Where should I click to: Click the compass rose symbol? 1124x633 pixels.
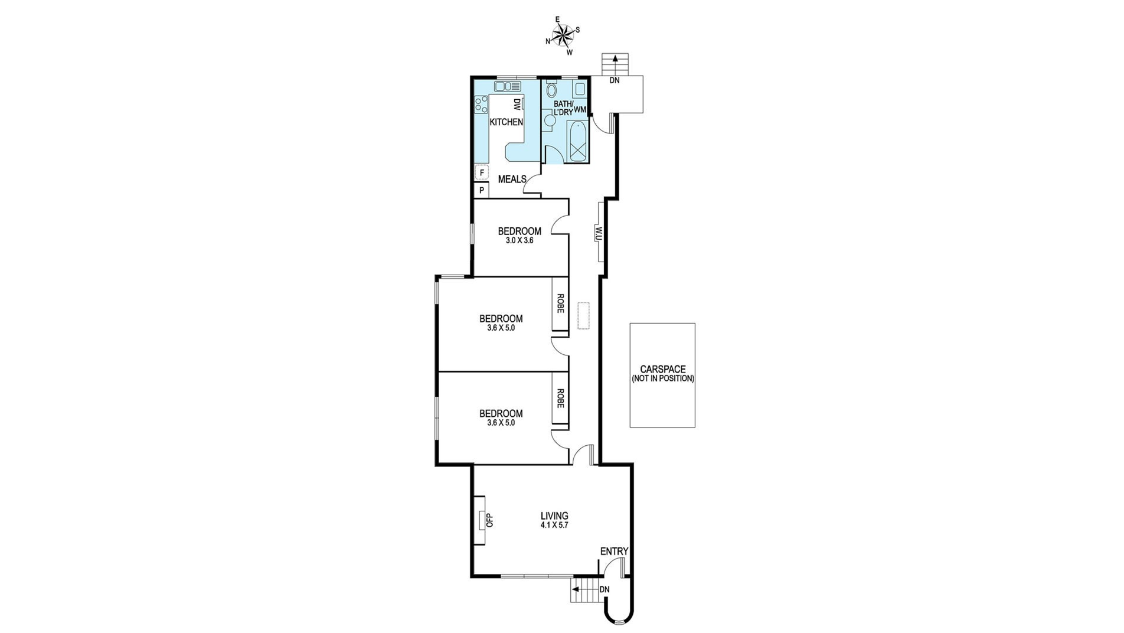point(563,35)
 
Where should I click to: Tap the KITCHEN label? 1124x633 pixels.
point(507,122)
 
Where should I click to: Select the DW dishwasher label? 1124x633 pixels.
point(517,104)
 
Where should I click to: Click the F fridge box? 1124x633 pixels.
point(482,172)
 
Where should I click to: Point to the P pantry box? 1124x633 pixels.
point(482,190)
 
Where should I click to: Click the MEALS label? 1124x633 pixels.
point(512,179)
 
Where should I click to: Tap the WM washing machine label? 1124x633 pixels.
point(580,109)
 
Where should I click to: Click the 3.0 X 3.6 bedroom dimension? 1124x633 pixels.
point(519,241)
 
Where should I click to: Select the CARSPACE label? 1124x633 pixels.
point(662,369)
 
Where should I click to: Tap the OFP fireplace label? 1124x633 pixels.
point(488,520)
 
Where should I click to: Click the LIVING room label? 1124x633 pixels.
point(554,515)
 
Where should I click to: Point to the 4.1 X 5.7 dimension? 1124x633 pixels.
point(554,525)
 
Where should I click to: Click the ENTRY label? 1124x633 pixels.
point(614,552)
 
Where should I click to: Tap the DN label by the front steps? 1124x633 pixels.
point(604,589)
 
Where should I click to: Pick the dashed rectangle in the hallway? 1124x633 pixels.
point(584,315)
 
